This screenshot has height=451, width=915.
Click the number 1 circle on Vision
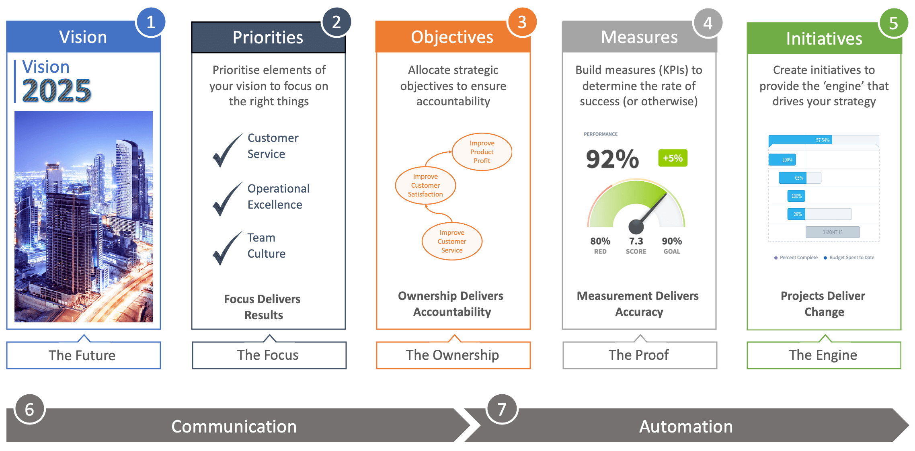click(151, 23)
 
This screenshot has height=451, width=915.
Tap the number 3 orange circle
click(522, 23)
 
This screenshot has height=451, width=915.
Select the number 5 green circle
click(893, 23)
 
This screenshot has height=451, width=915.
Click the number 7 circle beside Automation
click(502, 410)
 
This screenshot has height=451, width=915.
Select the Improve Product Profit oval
click(482, 152)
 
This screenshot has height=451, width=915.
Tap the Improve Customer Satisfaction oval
click(425, 185)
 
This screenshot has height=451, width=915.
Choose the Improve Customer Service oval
click(452, 241)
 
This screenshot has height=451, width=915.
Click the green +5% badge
click(673, 158)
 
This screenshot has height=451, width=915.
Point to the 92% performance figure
click(612, 159)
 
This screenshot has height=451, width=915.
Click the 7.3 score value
click(636, 241)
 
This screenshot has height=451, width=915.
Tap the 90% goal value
click(672, 241)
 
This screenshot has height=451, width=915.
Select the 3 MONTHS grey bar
click(833, 232)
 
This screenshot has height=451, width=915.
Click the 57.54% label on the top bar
click(823, 140)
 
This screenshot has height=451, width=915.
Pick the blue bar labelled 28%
click(796, 214)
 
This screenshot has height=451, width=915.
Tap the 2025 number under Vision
click(57, 90)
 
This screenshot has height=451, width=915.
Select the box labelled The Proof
click(639, 355)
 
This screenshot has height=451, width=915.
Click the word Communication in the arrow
click(234, 426)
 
